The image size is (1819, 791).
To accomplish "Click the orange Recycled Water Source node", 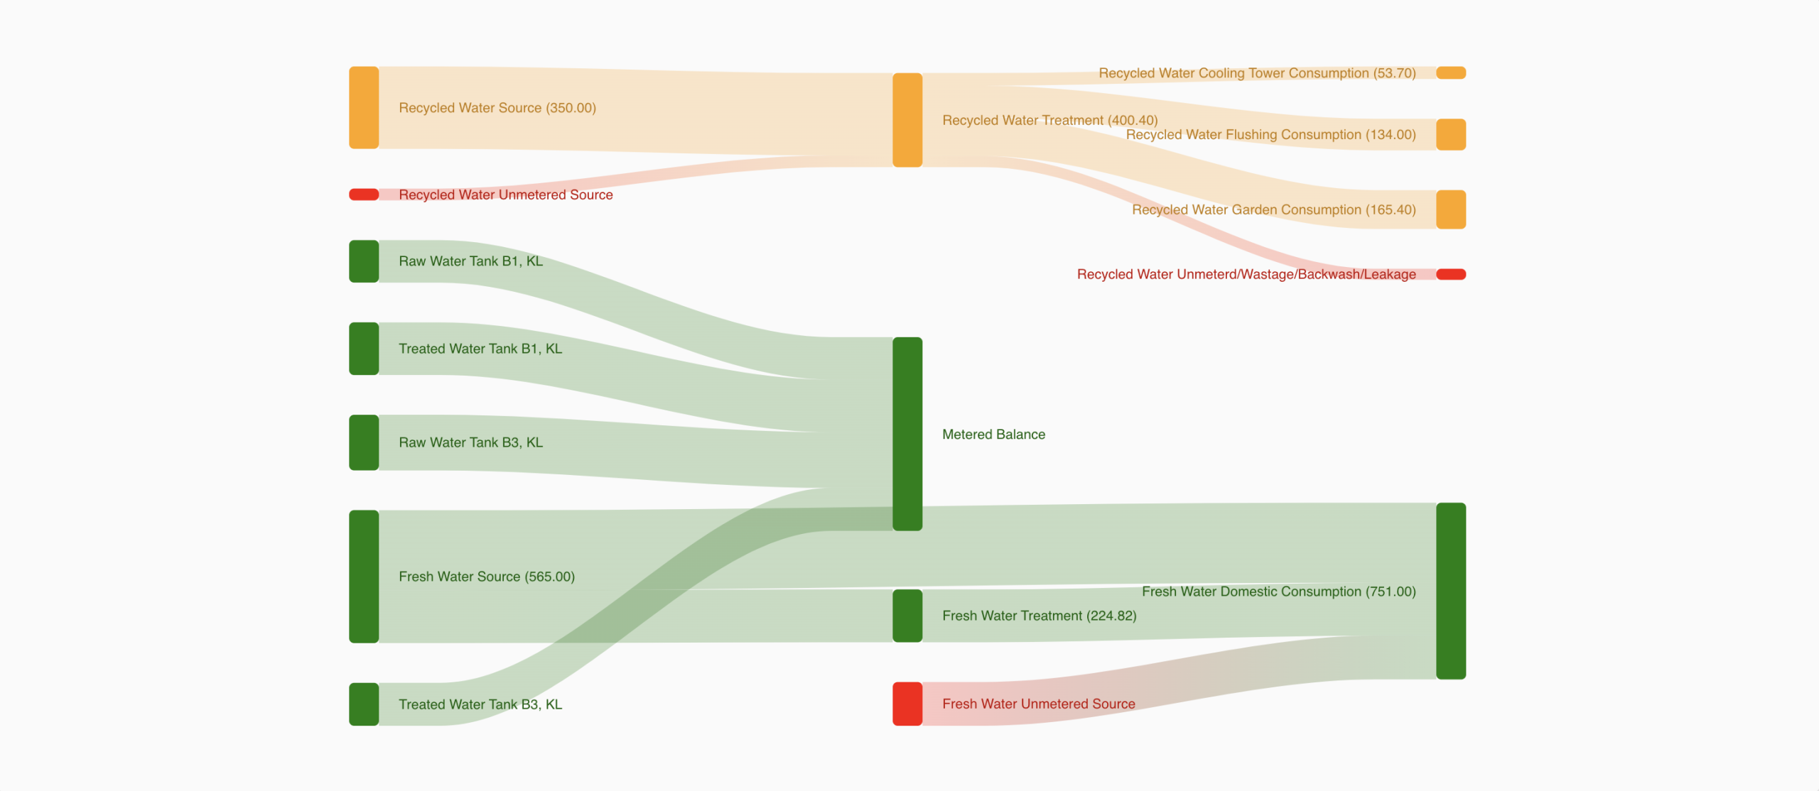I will pos(364,108).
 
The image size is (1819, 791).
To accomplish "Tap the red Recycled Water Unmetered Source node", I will pos(364,195).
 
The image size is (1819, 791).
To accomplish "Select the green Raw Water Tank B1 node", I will pos(364,261).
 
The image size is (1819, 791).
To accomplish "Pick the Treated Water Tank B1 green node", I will pos(364,349).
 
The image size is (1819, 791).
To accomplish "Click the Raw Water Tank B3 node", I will pos(364,442).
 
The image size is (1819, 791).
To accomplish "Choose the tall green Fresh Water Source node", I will pos(364,577).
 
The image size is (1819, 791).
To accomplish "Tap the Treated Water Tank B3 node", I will pos(364,704).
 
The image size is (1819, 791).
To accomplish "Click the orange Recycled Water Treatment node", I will pos(907,120).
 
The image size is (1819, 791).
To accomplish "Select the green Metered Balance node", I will pos(907,434).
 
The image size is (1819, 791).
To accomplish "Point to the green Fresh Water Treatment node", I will pos(907,616).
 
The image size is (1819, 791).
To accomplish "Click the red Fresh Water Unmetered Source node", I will pos(907,704).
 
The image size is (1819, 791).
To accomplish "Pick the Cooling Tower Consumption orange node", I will pos(1451,73).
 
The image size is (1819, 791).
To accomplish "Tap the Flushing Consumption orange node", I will pos(1451,134).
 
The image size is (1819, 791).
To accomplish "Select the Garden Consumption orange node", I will pos(1451,209).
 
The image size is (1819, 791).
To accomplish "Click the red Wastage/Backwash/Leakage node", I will pos(1451,275).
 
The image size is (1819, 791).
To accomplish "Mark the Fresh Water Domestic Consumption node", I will pos(1451,591).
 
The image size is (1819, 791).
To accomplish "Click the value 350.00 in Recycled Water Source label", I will pos(571,108).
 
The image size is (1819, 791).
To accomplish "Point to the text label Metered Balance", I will pos(993,435).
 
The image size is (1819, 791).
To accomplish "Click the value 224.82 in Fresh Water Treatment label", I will pos(1111,616).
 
